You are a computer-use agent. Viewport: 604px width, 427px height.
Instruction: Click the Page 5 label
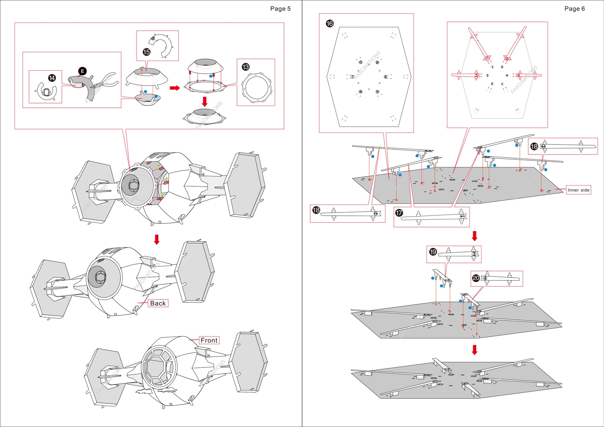pos(280,9)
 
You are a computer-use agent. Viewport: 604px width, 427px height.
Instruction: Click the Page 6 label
pos(574,9)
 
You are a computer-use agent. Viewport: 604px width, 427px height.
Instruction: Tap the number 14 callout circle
pos(52,78)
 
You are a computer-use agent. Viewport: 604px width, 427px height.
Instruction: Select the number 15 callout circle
pos(147,52)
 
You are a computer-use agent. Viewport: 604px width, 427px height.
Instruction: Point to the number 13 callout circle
pos(246,67)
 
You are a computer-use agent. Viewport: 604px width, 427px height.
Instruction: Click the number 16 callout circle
pos(330,24)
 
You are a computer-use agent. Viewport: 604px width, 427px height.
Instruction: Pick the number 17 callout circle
pos(399,213)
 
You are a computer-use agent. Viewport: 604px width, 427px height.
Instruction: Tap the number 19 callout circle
pos(433,252)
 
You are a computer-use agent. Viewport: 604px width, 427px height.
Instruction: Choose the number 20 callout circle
pos(476,278)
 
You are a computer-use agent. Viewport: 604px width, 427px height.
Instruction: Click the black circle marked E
pos(82,71)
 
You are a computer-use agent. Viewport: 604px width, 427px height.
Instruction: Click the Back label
pos(158,303)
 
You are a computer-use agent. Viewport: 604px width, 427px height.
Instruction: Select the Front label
pos(209,340)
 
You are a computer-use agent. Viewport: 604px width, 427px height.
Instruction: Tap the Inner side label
pos(578,190)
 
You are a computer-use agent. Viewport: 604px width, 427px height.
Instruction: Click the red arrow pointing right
pos(174,88)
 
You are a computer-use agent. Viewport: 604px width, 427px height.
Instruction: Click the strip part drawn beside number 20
pos(501,278)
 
